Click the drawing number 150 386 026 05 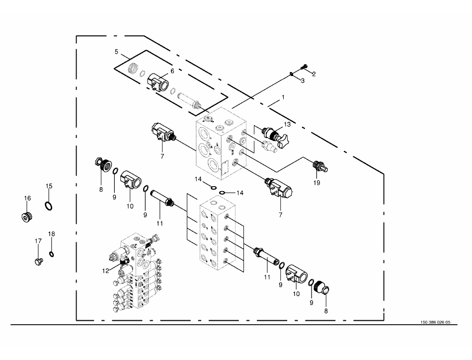tap(435, 322)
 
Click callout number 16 tap(27, 198)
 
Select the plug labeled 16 tap(27, 217)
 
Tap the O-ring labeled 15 tap(49, 206)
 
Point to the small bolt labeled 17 tap(39, 262)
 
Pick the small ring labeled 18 tap(52, 254)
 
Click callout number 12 tap(105, 271)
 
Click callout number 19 tap(316, 183)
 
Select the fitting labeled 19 tap(320, 166)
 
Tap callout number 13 tap(287, 125)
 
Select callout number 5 tap(116, 52)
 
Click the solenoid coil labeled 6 tap(158, 82)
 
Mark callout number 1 tap(283, 97)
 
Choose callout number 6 tap(172, 71)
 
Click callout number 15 tap(49, 186)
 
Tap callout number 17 tap(38, 241)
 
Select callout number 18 tap(52, 234)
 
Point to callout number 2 tap(314, 74)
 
